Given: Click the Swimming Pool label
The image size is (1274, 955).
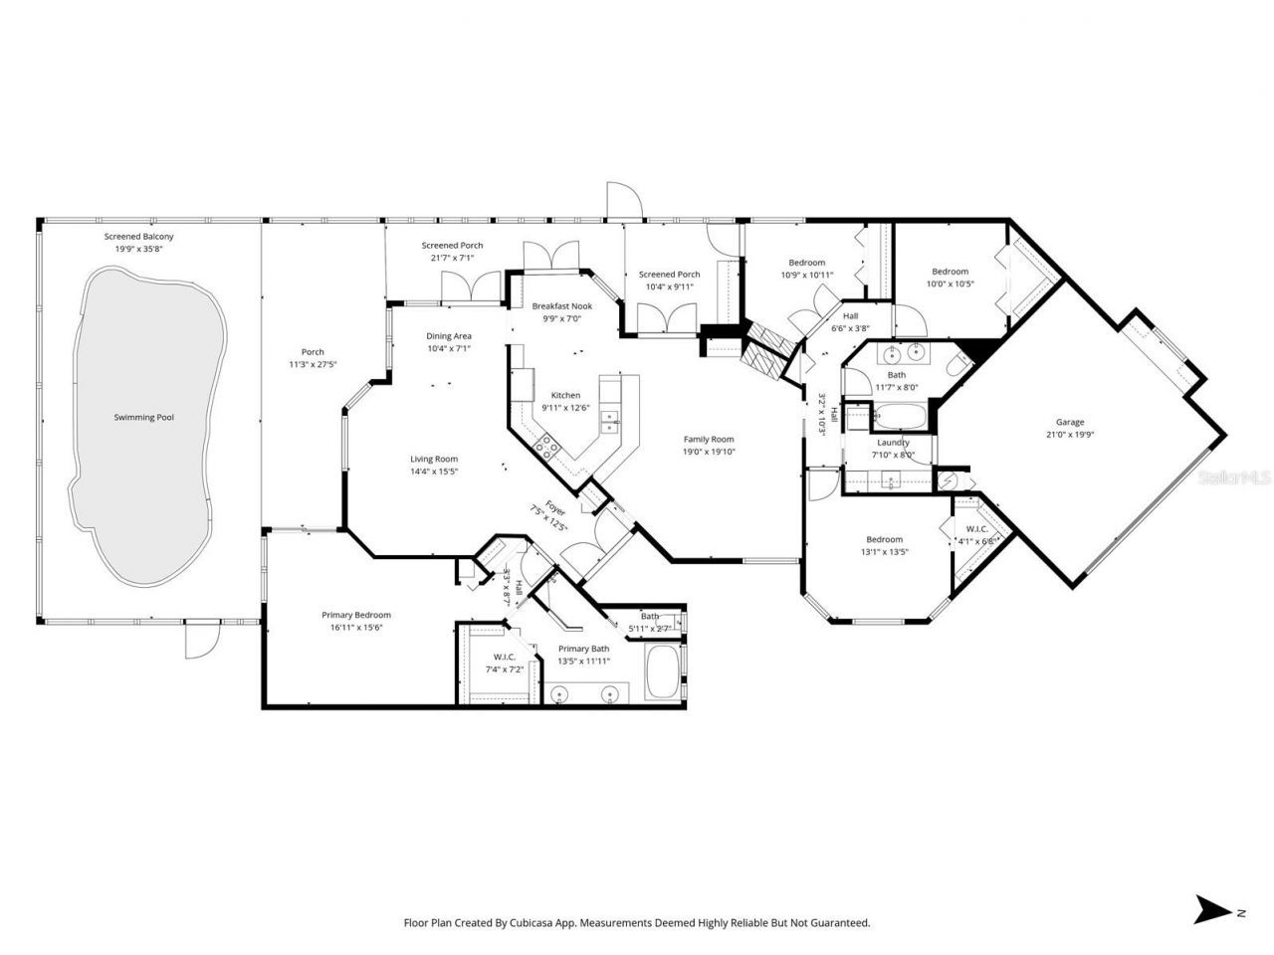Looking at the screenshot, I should [143, 418].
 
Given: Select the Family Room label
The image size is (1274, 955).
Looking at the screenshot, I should [708, 439].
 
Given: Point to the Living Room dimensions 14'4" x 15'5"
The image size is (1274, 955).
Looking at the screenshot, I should [434, 472].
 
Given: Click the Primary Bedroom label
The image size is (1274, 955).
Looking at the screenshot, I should [355, 615].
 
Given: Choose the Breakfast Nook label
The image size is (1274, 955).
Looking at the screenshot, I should [561, 306].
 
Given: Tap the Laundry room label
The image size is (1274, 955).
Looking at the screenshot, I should [893, 443].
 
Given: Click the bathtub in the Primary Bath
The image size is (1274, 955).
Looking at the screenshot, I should [663, 672].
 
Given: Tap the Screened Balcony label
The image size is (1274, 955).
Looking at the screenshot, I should [139, 237].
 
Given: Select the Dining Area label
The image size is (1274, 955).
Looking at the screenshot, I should [448, 336].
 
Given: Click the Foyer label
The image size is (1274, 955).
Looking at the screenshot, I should [555, 509].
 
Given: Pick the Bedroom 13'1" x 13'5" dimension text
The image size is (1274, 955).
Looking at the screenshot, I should [884, 552].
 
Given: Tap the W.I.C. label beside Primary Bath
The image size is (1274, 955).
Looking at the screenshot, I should [504, 657].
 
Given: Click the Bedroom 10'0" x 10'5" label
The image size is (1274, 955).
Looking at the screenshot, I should [950, 284].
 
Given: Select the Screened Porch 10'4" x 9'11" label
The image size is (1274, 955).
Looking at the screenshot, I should [669, 286].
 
